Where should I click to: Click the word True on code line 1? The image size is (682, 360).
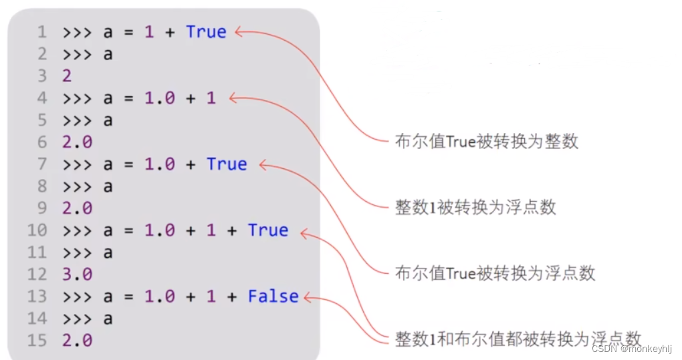(206, 32)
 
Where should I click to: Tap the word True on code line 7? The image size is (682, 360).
(227, 164)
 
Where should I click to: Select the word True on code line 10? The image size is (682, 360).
(267, 230)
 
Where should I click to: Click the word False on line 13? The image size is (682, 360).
(273, 297)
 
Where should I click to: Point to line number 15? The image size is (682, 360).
(37, 341)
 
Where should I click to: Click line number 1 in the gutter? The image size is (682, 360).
(42, 32)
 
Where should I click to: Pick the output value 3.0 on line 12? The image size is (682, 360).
(78, 275)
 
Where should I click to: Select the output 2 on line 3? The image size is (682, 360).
(67, 76)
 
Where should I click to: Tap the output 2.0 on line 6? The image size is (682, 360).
(78, 142)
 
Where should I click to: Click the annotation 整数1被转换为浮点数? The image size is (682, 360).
(475, 207)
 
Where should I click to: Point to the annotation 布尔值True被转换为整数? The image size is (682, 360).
(486, 142)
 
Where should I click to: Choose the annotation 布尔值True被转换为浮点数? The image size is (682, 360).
(495, 273)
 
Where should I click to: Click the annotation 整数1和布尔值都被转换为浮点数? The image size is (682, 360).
(518, 339)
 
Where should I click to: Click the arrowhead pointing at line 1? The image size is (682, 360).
(238, 31)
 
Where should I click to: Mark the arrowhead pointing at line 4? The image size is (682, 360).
(232, 98)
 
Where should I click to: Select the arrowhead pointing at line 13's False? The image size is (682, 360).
(306, 297)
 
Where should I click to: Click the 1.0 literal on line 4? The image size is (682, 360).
(160, 98)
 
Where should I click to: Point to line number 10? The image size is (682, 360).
(37, 230)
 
